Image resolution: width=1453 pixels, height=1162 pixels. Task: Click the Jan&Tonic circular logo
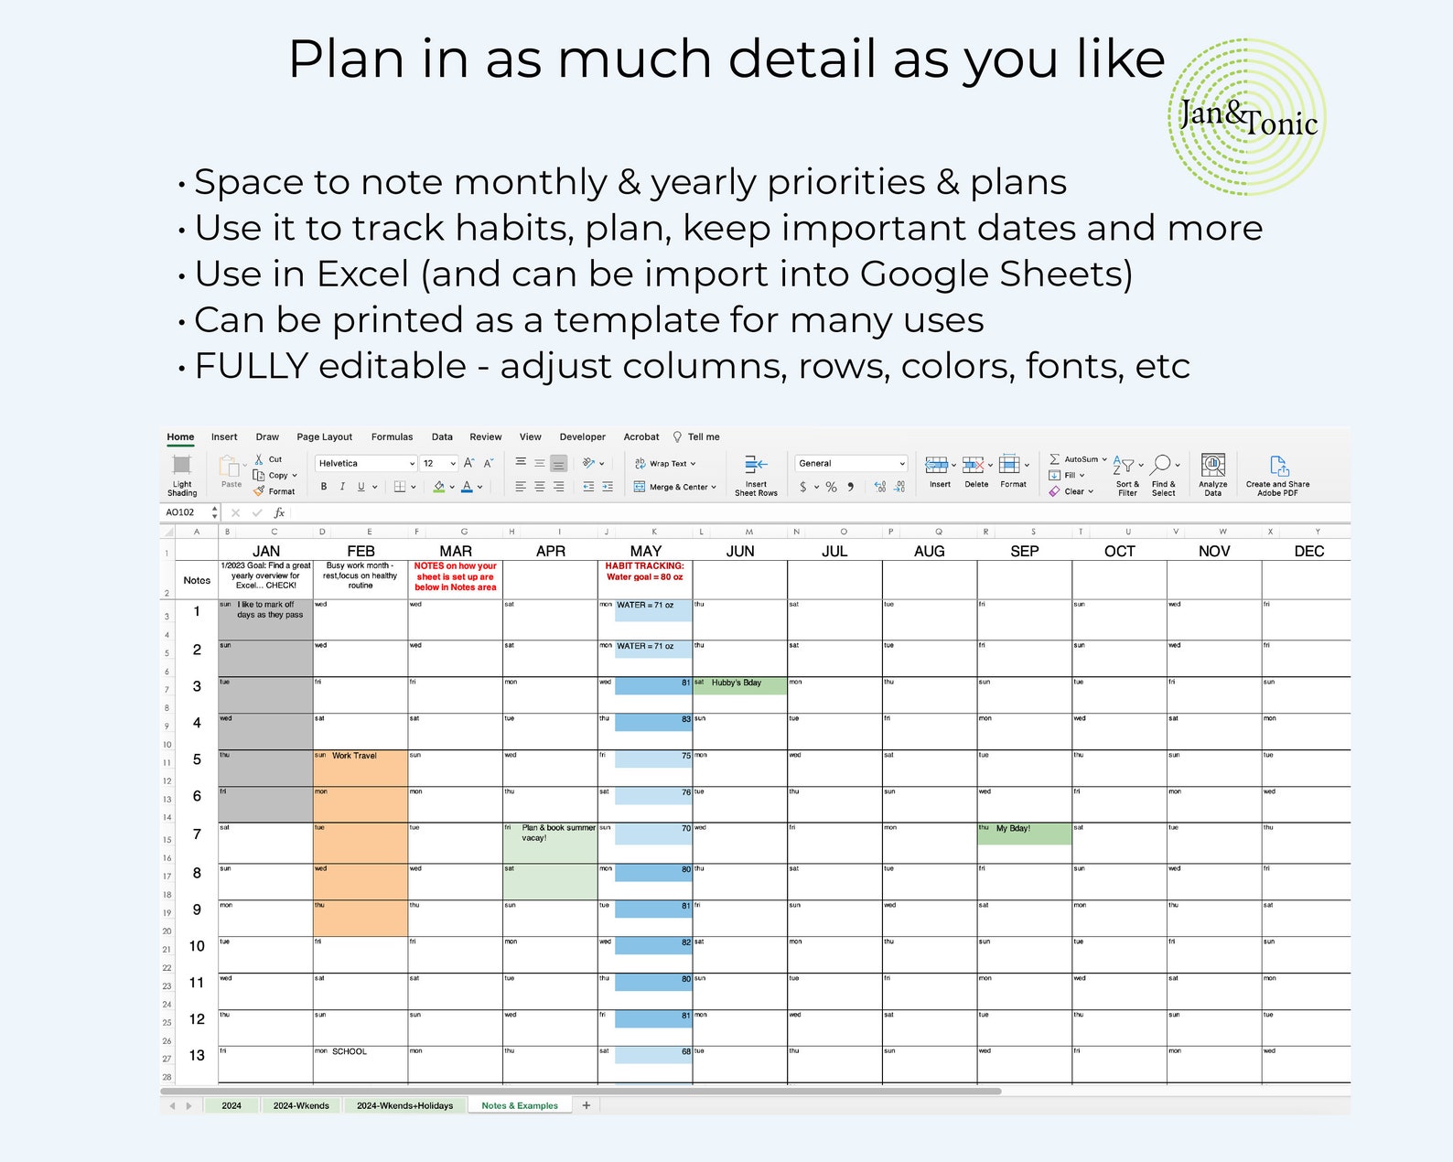[1247, 117]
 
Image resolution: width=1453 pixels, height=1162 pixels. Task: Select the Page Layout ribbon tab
[324, 437]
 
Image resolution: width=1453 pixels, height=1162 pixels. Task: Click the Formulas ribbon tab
[392, 437]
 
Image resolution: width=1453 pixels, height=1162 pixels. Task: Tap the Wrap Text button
[666, 464]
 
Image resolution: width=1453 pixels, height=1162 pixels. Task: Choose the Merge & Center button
[676, 487]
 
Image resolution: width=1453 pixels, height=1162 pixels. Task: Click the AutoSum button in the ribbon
[1079, 459]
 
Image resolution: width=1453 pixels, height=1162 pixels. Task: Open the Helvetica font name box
[364, 464]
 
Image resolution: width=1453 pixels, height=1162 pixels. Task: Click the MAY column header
[645, 551]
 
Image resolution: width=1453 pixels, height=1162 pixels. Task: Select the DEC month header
[1308, 551]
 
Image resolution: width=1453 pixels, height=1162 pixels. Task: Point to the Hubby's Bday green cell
[737, 683]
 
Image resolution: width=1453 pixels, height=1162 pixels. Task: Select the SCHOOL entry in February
[350, 1052]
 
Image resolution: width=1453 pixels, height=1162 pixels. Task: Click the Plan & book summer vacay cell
[549, 833]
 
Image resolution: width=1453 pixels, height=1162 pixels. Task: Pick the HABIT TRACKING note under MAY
[644, 571]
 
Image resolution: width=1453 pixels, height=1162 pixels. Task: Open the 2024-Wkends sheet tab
[301, 1105]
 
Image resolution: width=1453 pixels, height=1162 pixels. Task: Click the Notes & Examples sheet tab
[520, 1105]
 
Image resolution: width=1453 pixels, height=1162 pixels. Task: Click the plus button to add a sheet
[587, 1105]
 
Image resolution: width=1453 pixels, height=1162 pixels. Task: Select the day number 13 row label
[197, 1055]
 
